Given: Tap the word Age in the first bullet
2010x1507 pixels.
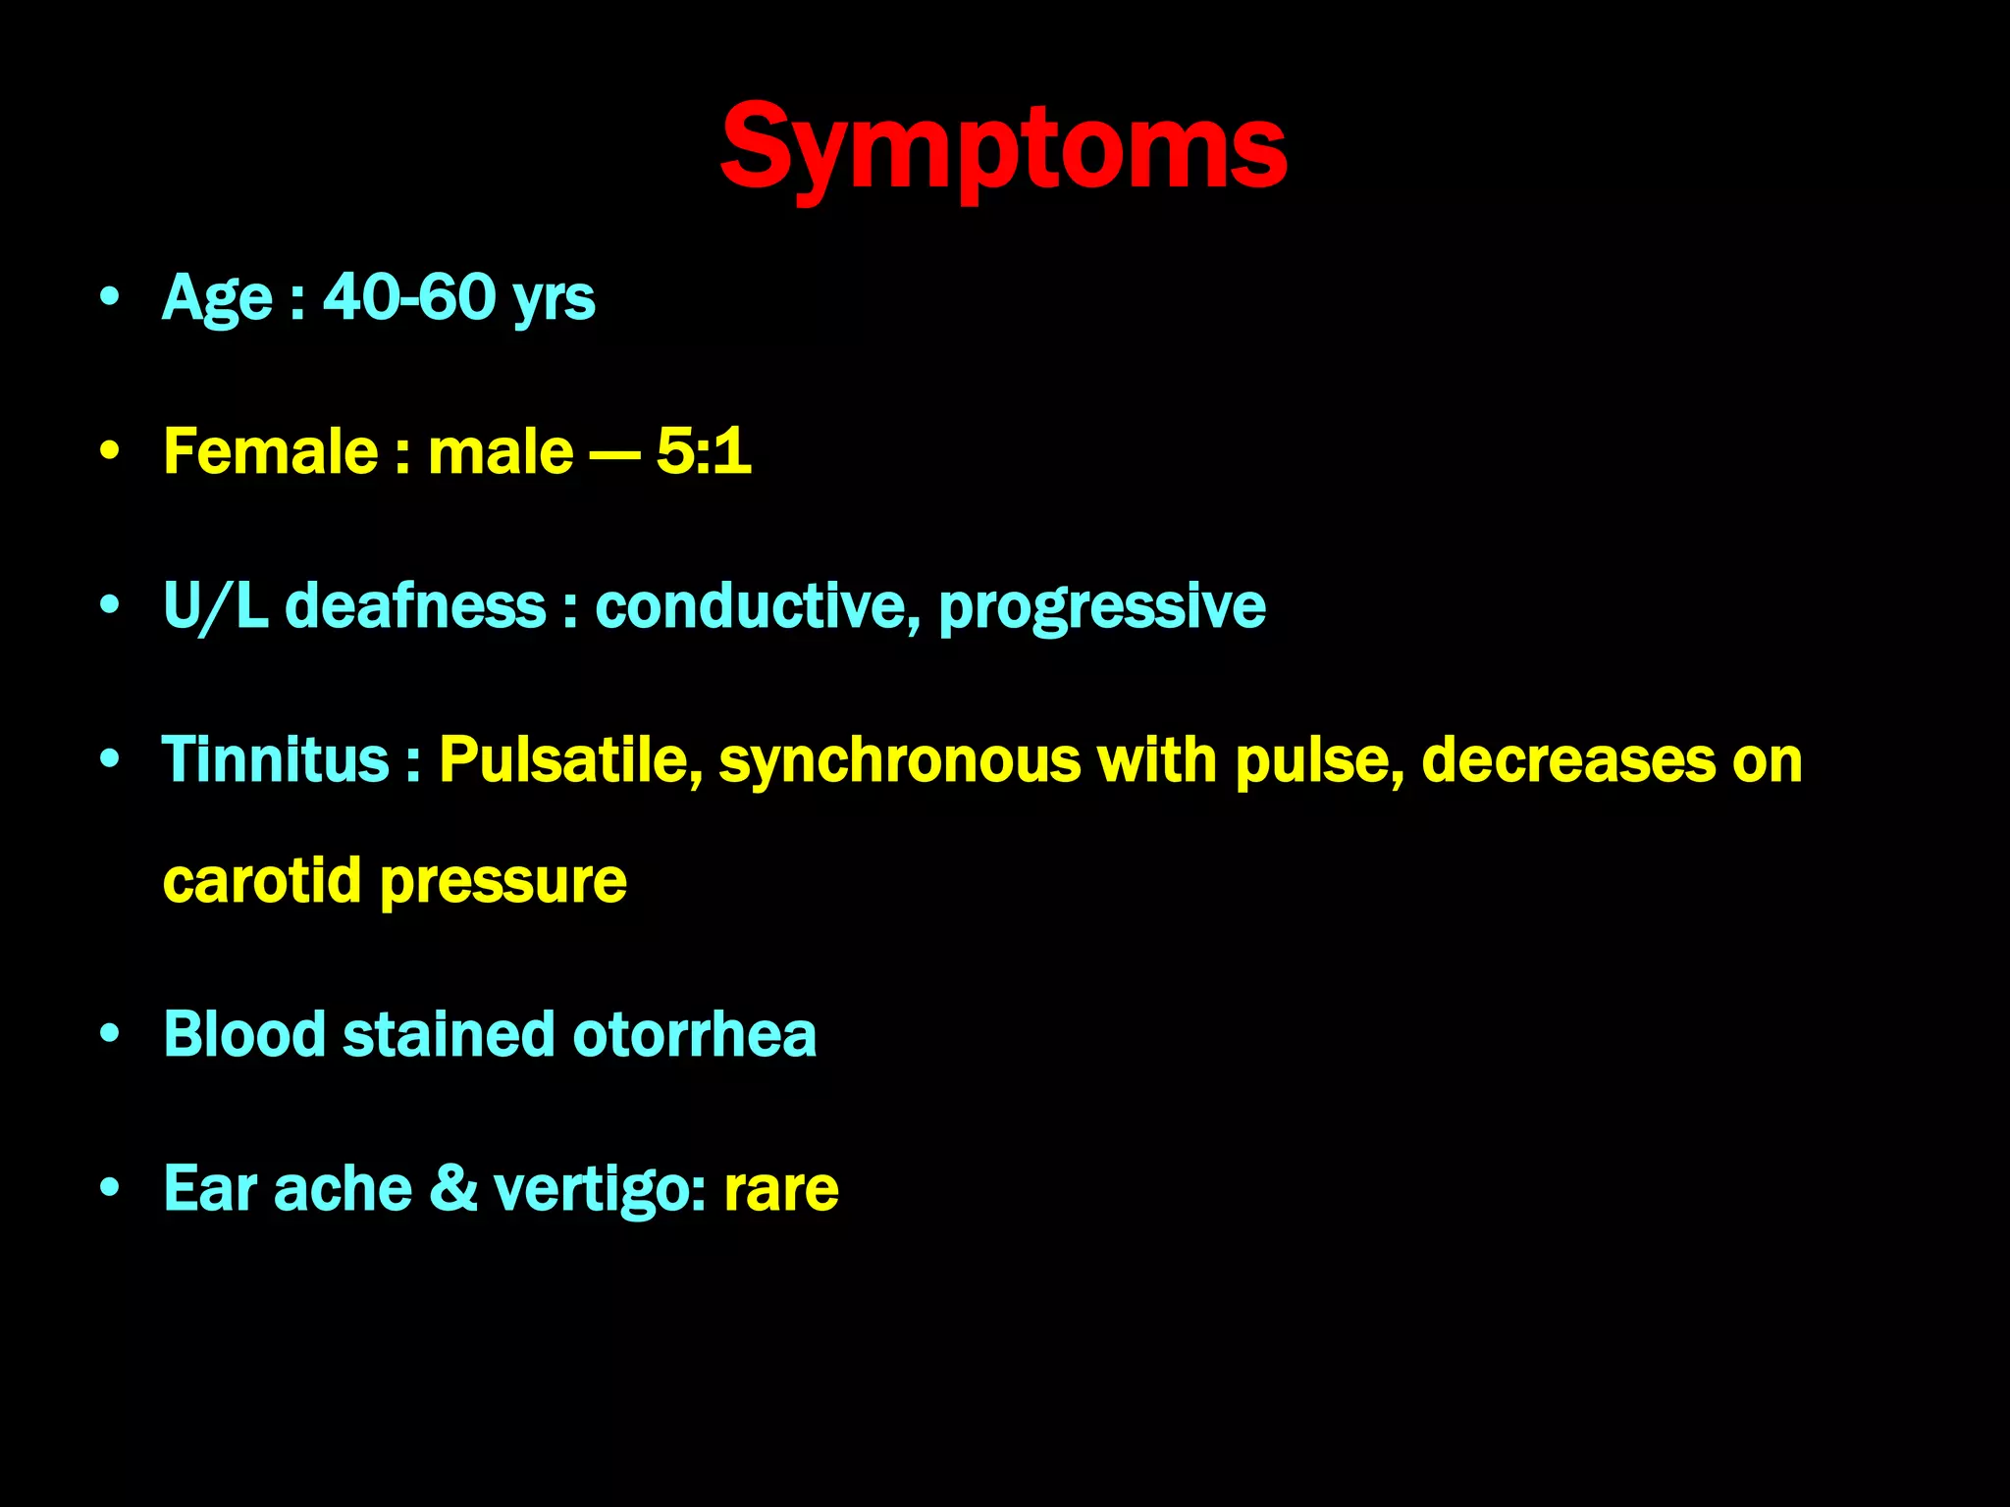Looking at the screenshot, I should point(217,298).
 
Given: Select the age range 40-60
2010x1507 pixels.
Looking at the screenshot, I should point(410,296).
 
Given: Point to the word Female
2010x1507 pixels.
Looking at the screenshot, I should point(271,451).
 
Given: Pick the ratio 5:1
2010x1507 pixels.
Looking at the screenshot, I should point(704,451).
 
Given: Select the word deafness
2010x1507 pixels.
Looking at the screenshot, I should point(415,605).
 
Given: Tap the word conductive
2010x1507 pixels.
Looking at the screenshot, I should point(757,605).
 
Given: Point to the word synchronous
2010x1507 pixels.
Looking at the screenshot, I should point(899,761).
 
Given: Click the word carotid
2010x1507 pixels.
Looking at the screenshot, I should point(262,880).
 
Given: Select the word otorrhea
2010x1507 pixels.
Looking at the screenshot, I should point(694,1034).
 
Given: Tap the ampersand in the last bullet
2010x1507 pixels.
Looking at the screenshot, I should point(453,1188).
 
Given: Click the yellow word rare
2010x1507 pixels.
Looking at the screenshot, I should point(781,1190).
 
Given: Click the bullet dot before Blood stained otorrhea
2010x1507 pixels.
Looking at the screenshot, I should point(110,1034).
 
